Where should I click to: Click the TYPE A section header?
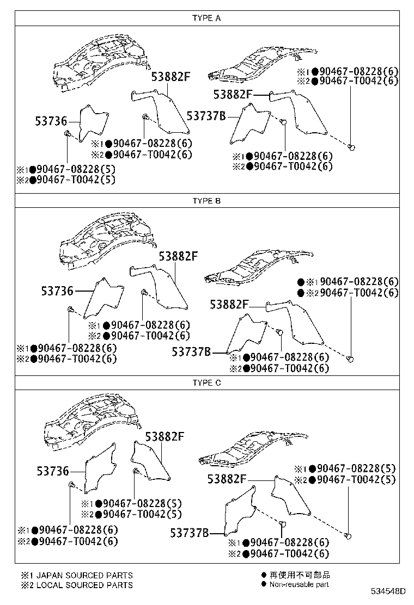tap(206, 18)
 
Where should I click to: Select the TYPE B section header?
tap(206, 201)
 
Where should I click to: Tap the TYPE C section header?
tap(206, 383)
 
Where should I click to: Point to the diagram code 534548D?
tap(388, 591)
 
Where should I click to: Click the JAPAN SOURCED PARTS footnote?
tap(76, 575)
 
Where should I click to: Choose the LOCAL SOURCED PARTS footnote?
tap(76, 585)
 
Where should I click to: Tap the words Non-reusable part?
tap(299, 584)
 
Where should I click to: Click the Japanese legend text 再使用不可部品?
tap(300, 575)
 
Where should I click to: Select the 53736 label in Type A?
tap(51, 121)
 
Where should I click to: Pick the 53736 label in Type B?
tap(57, 291)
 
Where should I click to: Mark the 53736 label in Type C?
tap(53, 471)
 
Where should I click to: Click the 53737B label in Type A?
tap(206, 116)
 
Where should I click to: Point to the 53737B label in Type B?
tap(191, 352)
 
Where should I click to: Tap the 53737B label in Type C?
tap(189, 533)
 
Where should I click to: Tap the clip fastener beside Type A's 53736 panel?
tap(67, 134)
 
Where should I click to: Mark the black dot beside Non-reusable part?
tap(264, 584)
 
